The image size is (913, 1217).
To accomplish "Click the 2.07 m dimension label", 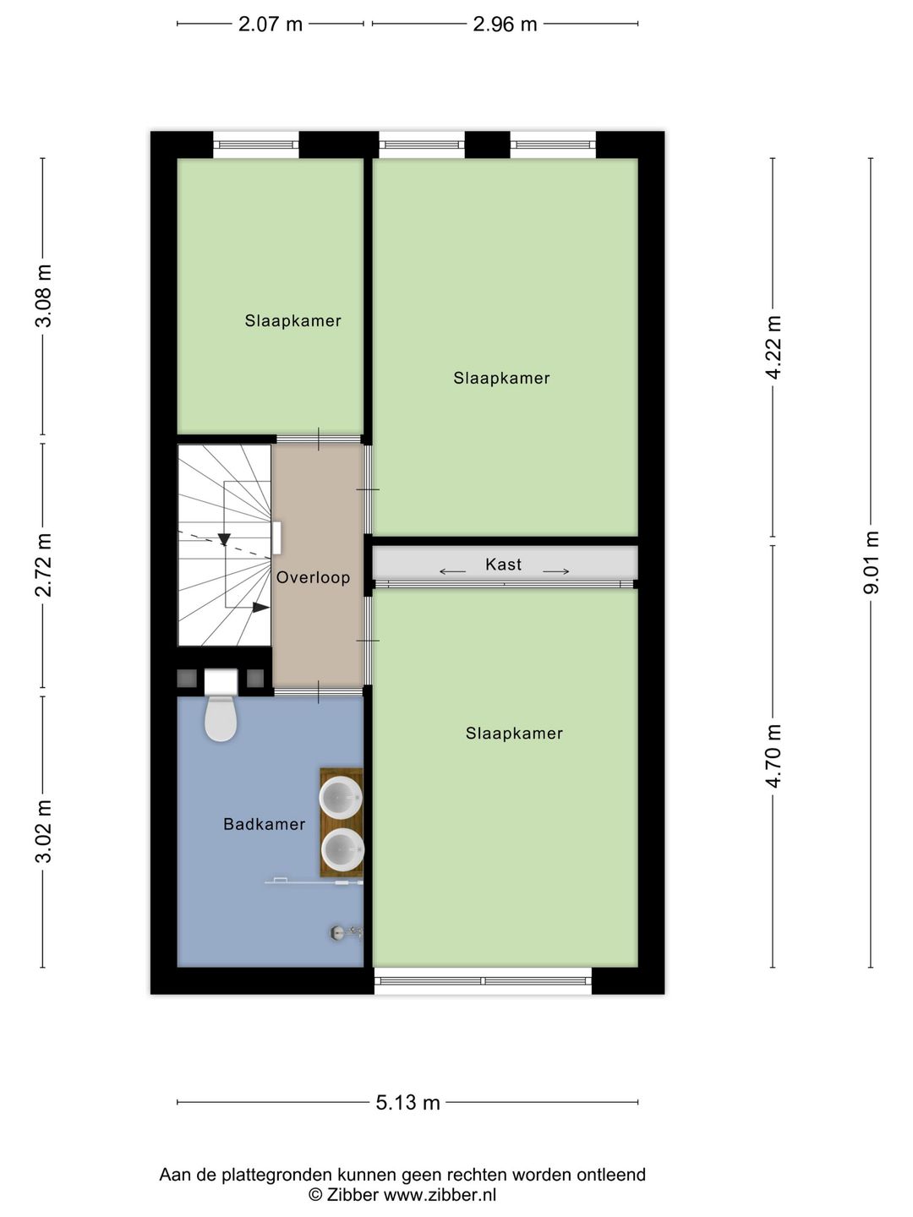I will point(270,24).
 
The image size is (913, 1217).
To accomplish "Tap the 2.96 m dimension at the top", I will point(505,24).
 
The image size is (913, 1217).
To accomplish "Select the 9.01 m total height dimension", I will point(871,562).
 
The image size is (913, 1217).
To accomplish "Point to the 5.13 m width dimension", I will point(407,1102).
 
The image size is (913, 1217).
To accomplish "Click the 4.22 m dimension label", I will point(773,347).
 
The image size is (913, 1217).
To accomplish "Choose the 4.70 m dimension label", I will point(773,756).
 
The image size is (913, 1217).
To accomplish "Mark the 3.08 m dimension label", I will point(43,296).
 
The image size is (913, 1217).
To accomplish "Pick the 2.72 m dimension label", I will point(43,565).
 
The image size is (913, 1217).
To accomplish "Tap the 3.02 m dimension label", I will point(43,831).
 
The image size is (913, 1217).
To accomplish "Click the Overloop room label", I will point(313,578).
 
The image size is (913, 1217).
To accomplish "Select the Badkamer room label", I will point(264,824).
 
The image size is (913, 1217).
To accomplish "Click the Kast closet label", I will point(503,565).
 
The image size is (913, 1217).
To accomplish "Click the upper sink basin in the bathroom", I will point(342,797).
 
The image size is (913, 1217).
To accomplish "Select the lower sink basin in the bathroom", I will point(342,849).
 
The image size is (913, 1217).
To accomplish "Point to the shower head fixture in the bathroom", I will point(339,932).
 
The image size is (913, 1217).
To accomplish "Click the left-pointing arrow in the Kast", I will point(452,572).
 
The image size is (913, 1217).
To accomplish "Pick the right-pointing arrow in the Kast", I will point(555,572).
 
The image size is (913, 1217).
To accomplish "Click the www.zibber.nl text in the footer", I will point(440,1195).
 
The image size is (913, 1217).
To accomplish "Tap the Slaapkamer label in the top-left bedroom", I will point(292,321).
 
